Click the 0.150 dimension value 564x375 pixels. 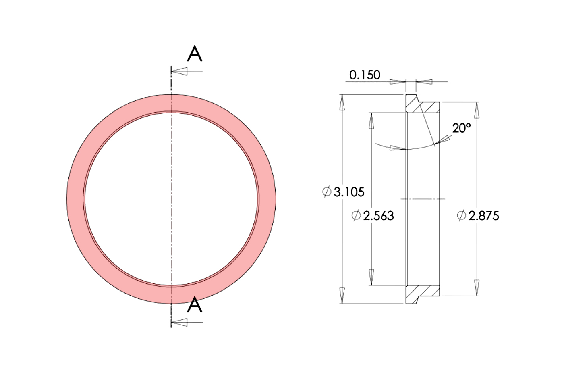coord(365,75)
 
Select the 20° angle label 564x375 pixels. coord(461,128)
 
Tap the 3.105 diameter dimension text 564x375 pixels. coord(349,192)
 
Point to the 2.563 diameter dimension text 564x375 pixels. coord(378,216)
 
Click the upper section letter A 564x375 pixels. coord(195,54)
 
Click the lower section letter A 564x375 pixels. coord(195,305)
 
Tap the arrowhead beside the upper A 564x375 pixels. coord(180,71)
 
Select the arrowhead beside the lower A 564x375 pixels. coord(180,322)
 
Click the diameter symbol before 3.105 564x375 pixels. coord(327,192)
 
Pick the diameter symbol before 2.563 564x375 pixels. coord(356,215)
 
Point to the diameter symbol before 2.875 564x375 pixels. coord(461,215)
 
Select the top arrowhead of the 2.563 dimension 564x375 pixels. coord(371,121)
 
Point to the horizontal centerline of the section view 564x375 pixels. coord(423,199)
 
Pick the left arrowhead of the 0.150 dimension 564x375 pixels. coord(397,82)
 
